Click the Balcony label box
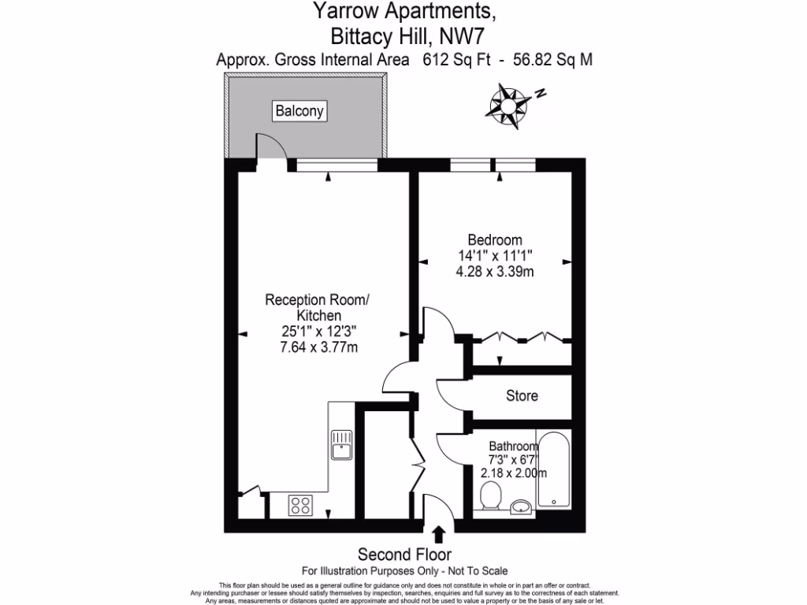pyautogui.click(x=299, y=112)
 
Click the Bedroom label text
pyautogui.click(x=494, y=240)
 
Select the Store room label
pyautogui.click(x=522, y=395)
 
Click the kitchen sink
pyautogui.click(x=341, y=444)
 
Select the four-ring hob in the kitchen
pyautogui.click(x=299, y=503)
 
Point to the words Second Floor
pyautogui.click(x=404, y=554)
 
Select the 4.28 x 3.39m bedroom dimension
pyautogui.click(x=495, y=272)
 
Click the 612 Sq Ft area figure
pyautogui.click(x=455, y=60)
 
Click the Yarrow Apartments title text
pyautogui.click(x=405, y=11)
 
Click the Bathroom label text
pyautogui.click(x=513, y=446)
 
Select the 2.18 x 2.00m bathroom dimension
pyautogui.click(x=513, y=473)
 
